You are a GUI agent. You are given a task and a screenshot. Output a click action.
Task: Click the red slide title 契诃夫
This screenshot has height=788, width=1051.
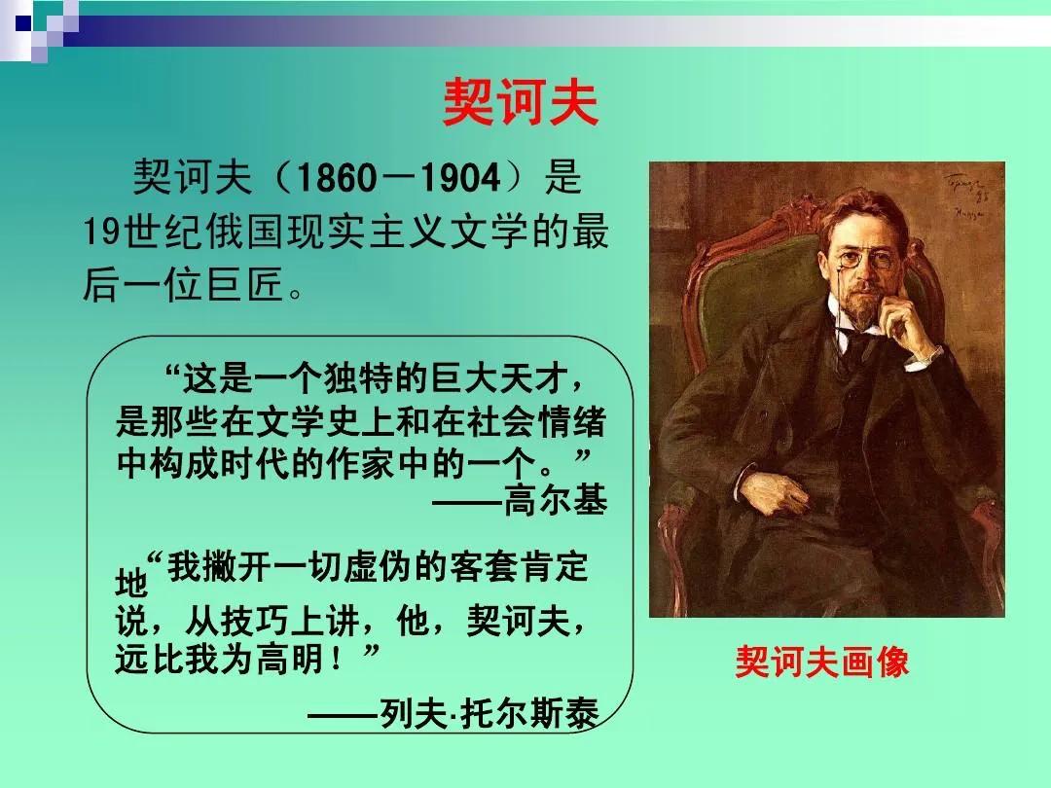coord(520,102)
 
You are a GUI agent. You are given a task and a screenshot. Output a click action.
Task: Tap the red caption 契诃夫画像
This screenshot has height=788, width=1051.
coord(821,663)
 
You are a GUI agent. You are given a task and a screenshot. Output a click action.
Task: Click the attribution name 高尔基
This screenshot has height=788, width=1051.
coord(555,499)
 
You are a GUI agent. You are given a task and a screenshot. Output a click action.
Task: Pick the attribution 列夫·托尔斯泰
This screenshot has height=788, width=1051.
coord(489,713)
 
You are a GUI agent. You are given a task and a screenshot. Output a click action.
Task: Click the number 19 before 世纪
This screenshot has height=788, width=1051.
coord(103,232)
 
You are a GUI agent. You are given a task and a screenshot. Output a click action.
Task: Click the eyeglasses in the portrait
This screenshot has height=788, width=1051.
coord(865,260)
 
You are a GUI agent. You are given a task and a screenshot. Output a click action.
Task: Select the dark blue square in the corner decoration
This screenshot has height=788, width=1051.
coord(23,23)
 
